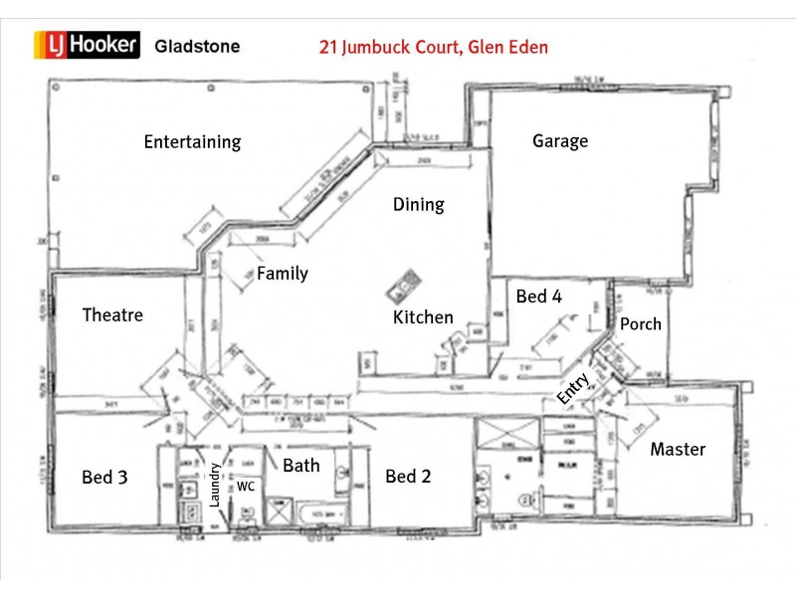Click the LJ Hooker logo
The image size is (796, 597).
coord(89,45)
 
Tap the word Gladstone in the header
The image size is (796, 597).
coord(197,46)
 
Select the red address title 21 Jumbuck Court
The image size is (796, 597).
coord(433,47)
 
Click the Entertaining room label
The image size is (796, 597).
coord(192,141)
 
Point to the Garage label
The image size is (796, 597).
coord(560,140)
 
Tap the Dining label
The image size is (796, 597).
coord(418,205)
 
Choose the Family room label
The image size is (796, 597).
coord(283,274)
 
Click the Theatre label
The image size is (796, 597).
coord(112,315)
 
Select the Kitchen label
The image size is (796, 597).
coord(423,317)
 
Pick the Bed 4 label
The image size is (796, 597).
coord(538,296)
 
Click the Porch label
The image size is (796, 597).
coord(640,323)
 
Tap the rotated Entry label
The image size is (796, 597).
coord(574,386)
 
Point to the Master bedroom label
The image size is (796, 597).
coord(678,449)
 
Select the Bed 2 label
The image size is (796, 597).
coord(408,477)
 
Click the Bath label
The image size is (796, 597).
coord(301,465)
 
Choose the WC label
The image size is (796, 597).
coord(246,487)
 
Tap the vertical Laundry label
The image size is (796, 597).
coord(214,486)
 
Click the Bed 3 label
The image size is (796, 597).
coord(104,478)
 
